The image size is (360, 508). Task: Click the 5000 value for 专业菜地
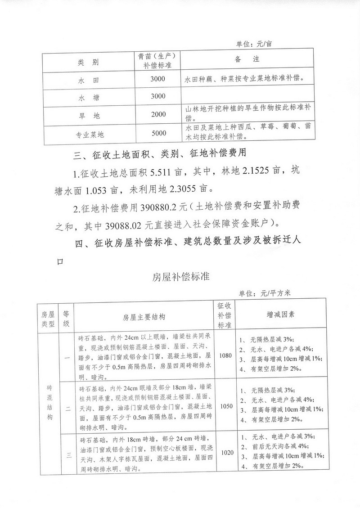tap(159, 133)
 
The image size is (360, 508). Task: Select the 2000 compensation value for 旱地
tap(159, 114)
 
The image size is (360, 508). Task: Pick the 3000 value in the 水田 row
tap(159, 79)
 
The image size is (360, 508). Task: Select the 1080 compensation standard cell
tap(225, 355)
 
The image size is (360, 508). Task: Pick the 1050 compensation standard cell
tap(225, 406)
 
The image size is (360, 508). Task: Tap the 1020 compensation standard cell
tap(225, 452)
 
